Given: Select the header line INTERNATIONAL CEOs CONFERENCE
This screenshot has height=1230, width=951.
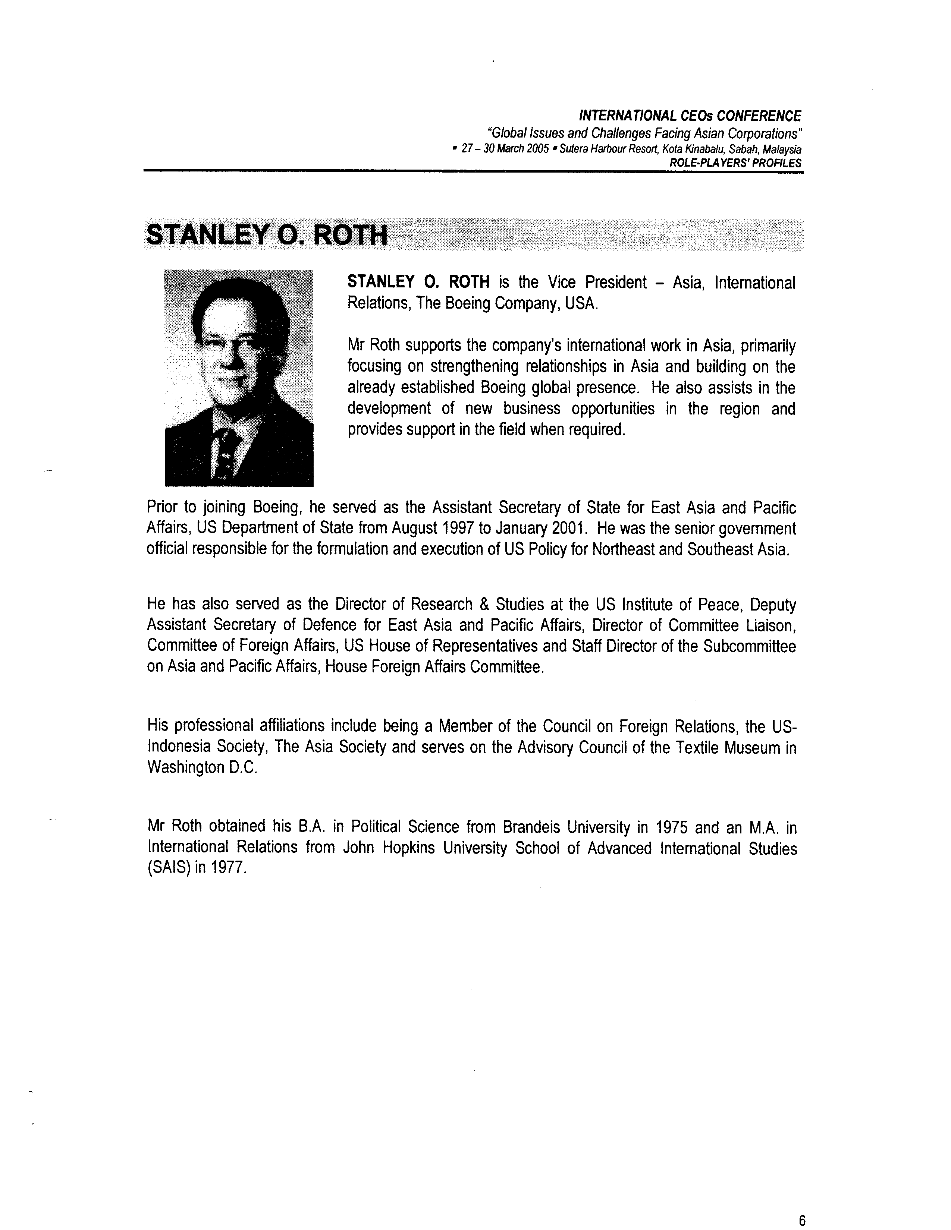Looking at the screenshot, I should click(x=690, y=116).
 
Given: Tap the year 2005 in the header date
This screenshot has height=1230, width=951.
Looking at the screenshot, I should click(x=538, y=150).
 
